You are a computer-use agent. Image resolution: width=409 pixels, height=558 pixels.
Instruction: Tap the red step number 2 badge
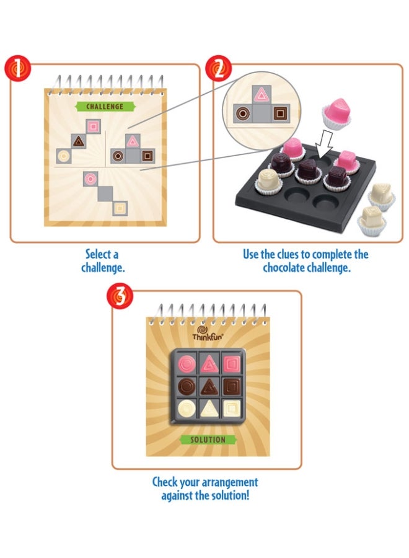coord(219,69)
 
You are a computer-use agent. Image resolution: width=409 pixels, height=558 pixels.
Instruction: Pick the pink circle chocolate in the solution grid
coord(185,363)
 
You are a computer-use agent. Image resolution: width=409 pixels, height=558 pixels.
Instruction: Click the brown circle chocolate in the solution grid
coord(185,386)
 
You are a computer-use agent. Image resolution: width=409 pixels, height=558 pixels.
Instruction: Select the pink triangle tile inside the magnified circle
coord(262,95)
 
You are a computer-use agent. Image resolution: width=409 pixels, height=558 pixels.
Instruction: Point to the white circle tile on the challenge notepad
coord(63,155)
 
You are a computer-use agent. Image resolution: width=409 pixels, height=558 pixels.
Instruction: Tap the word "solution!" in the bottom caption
coord(227,495)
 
